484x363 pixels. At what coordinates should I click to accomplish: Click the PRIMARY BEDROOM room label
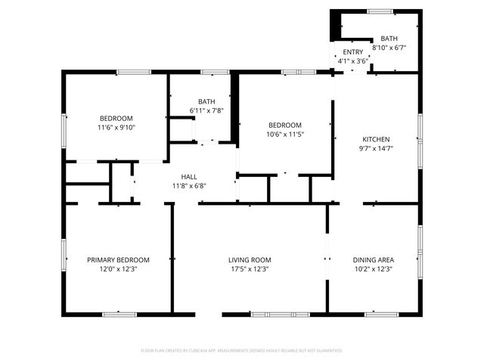tap(117, 259)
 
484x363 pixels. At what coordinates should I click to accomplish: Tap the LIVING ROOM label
tap(250, 259)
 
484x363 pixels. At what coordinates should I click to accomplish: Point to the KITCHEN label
tap(376, 139)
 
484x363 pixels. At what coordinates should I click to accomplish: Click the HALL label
tap(189, 176)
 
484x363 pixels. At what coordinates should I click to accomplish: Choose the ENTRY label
tap(353, 52)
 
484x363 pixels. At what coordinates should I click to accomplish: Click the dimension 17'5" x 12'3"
tap(250, 268)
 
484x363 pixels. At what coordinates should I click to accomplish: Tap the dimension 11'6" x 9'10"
tap(116, 127)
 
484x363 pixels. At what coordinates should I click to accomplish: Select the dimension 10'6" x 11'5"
tap(285, 135)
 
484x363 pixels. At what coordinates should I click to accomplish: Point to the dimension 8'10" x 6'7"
tap(389, 47)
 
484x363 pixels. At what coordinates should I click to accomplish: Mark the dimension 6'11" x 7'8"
tap(206, 110)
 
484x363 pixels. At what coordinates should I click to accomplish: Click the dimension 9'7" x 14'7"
tap(376, 148)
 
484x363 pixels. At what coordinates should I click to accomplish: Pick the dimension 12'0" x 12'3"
tap(117, 268)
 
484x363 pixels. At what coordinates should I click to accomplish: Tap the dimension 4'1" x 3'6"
tap(353, 60)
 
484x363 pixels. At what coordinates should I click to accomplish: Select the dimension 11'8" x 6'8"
tap(189, 185)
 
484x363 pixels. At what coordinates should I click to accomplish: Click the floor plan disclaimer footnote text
tap(242, 350)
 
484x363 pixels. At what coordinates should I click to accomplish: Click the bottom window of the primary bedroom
tap(119, 314)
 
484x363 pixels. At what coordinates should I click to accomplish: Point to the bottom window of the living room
tap(275, 314)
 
